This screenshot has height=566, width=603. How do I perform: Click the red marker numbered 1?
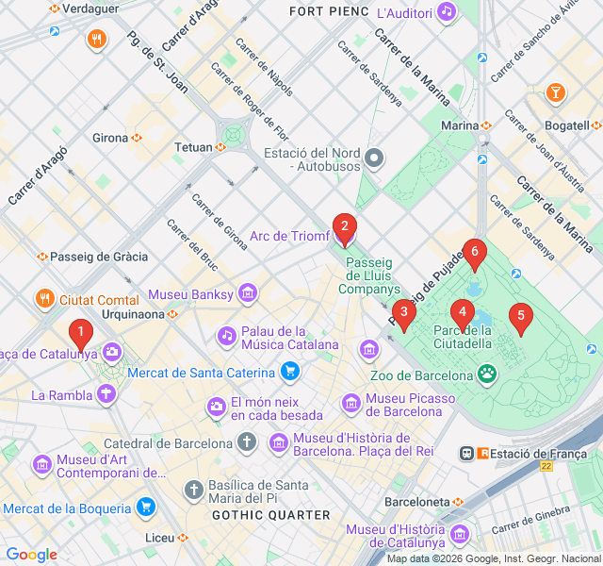tap(81, 332)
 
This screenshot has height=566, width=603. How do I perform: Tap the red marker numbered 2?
tap(345, 226)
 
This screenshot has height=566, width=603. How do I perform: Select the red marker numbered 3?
tap(403, 312)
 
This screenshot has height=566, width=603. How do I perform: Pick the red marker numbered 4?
tap(462, 312)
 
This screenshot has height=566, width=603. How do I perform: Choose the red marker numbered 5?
tap(519, 317)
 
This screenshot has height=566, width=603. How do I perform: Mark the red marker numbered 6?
tap(475, 252)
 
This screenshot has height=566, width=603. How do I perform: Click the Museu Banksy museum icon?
tap(247, 294)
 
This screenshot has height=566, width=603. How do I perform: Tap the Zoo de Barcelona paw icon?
tap(487, 375)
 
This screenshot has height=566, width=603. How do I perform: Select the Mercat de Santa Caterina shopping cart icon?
tap(290, 372)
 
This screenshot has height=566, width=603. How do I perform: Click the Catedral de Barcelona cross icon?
tap(246, 442)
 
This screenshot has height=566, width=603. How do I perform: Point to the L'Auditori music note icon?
tap(447, 13)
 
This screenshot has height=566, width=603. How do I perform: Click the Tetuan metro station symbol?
tap(220, 147)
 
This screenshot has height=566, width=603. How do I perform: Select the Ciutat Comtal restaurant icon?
tap(44, 300)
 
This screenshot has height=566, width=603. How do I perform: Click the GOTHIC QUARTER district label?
tap(270, 515)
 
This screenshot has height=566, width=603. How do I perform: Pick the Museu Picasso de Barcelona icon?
tap(350, 404)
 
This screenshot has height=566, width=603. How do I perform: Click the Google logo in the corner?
tap(31, 555)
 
